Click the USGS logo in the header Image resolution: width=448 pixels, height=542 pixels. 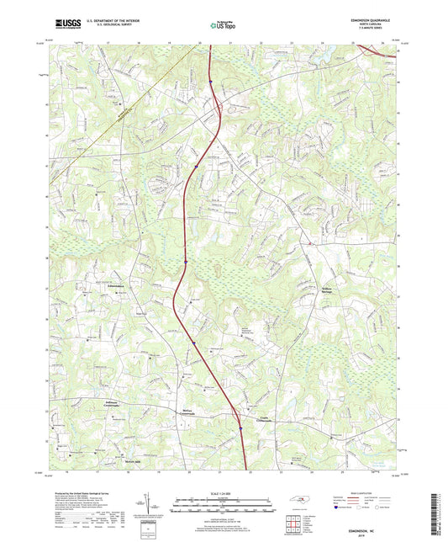tap(62, 25)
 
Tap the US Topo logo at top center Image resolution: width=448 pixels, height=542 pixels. tap(224, 25)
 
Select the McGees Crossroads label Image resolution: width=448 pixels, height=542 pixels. tap(188, 413)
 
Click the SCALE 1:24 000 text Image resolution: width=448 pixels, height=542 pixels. tap(224, 492)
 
